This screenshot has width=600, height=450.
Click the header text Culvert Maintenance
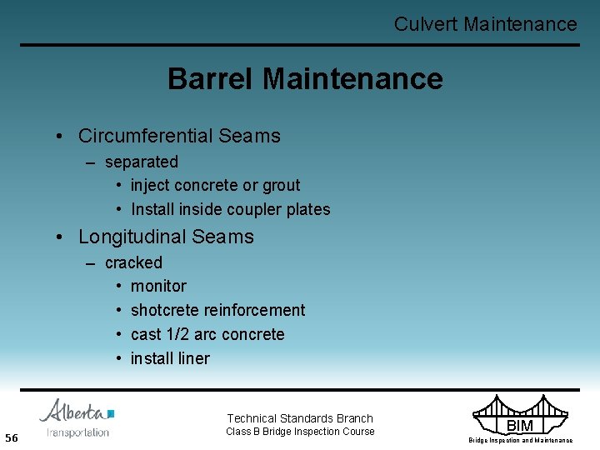[485, 24]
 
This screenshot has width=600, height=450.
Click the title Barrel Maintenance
[305, 79]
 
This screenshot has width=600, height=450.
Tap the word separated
[142, 162]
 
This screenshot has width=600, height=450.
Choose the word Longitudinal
[132, 237]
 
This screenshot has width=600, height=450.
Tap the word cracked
[133, 262]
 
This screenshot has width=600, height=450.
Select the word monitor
[158, 286]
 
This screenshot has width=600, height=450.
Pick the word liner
[192, 358]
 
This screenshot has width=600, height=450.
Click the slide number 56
[12, 438]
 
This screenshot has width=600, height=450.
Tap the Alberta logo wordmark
[75, 412]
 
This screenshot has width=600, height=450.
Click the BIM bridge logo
[519, 417]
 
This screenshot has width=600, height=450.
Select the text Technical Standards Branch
[300, 418]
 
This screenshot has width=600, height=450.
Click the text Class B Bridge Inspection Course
[300, 432]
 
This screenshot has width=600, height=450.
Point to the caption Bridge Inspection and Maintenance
[520, 440]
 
